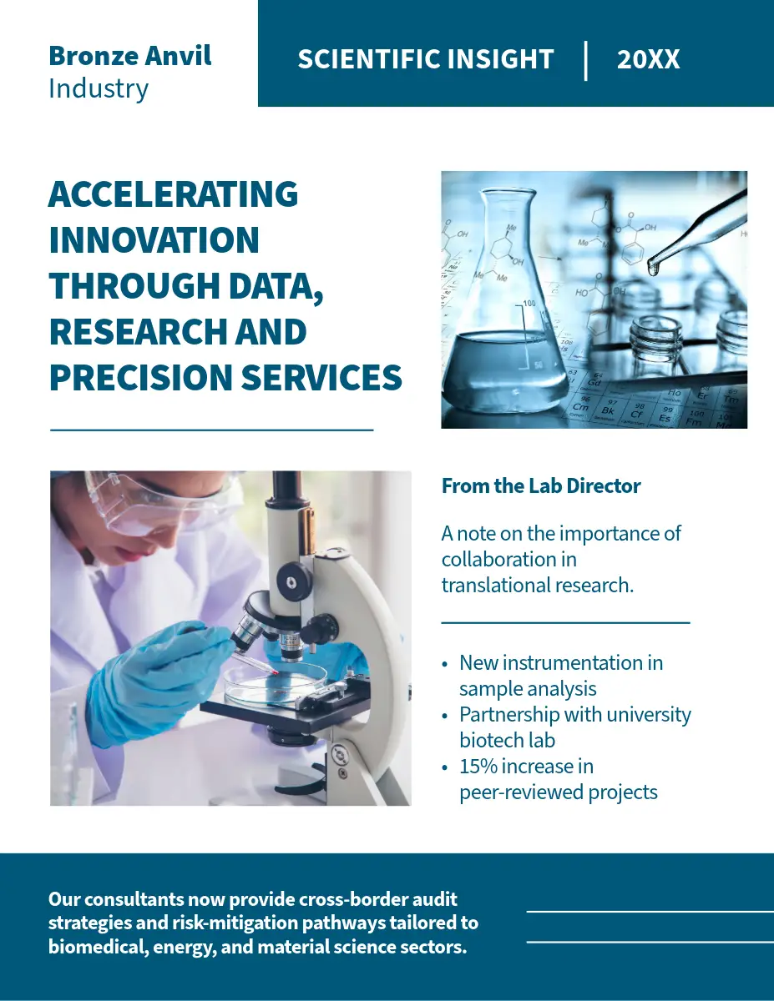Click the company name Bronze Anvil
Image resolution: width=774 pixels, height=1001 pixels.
[x=130, y=56]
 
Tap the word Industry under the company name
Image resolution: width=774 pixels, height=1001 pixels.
[x=99, y=89]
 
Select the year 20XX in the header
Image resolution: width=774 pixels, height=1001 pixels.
[x=648, y=59]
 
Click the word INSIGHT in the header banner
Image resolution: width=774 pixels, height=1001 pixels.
[x=501, y=59]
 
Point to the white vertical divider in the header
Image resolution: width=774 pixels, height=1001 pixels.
[x=585, y=61]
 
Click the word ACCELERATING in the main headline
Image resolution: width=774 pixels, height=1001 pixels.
[x=174, y=194]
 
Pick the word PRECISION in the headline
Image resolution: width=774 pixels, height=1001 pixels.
[x=140, y=378]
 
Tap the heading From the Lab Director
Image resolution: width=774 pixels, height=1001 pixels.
[x=541, y=486]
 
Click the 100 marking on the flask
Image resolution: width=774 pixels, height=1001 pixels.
[x=529, y=303]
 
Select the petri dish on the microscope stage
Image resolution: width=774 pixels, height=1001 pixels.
[x=276, y=686]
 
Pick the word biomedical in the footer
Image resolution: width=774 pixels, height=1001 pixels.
[x=99, y=947]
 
